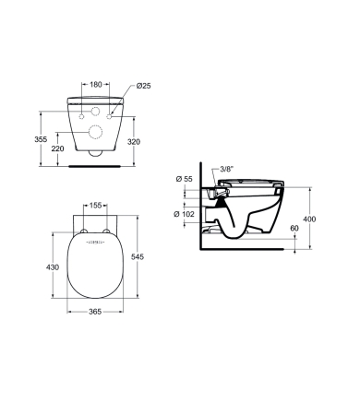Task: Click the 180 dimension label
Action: pyautogui.click(x=95, y=84)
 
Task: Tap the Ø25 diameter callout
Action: pyautogui.click(x=143, y=86)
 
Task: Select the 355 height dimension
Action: pyautogui.click(x=41, y=139)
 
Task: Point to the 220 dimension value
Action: pyautogui.click(x=58, y=148)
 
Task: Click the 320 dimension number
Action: pyautogui.click(x=134, y=142)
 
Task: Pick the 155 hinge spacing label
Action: pyautogui.click(x=95, y=205)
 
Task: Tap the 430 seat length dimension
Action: pyautogui.click(x=53, y=267)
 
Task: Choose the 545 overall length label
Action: pyautogui.click(x=138, y=256)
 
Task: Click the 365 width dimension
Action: pyautogui.click(x=95, y=312)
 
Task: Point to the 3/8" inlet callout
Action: pyautogui.click(x=227, y=169)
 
